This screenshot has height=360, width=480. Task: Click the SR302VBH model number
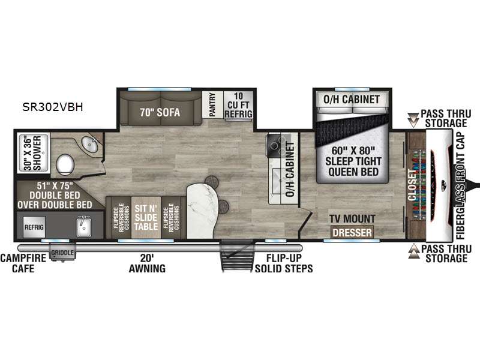[53, 107]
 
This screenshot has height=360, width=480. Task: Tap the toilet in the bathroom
[65, 164]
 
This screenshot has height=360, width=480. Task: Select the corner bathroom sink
[89, 144]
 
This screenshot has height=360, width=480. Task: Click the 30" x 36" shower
[34, 153]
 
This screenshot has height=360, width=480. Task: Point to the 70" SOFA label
[160, 112]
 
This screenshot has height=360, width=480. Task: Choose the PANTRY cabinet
[212, 104]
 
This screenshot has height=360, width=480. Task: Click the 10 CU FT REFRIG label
[238, 105]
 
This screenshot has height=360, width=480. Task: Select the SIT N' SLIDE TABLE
[146, 217]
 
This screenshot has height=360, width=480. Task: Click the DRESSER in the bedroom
[352, 232]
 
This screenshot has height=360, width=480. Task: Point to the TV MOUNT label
[352, 219]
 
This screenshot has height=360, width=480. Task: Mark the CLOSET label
[412, 185]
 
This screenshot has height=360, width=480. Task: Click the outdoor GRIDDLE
[62, 252]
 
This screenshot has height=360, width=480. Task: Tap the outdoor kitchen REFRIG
[34, 227]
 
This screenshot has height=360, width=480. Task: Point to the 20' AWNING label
[147, 263]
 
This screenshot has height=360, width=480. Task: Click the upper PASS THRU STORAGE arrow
[413, 120]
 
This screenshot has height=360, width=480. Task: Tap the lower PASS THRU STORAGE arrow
[413, 251]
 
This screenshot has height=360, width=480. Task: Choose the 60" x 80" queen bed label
[353, 161]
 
